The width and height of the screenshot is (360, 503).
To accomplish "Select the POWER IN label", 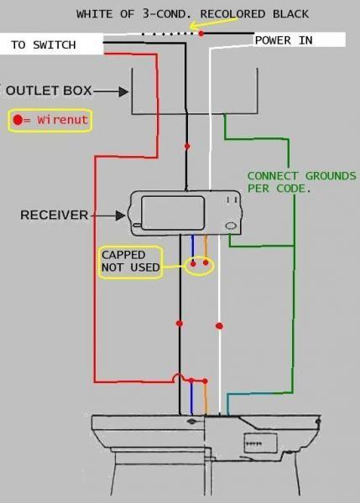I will click(284, 40).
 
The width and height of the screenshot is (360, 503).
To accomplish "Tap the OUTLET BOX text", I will click(46, 90).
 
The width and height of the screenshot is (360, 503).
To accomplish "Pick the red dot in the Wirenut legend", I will click(18, 120).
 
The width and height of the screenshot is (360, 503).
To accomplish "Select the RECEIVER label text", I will click(54, 215).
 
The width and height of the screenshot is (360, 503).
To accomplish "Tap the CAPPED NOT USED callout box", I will click(131, 262).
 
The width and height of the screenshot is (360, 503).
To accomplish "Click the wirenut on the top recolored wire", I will click(201, 34).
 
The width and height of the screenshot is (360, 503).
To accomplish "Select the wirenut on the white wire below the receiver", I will click(220, 325).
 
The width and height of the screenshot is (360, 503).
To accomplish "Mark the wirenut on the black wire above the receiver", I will click(187, 147).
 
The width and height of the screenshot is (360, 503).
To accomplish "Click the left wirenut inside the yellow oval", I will click(194, 264).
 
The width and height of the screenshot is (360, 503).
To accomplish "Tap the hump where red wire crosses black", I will click(178, 378).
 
